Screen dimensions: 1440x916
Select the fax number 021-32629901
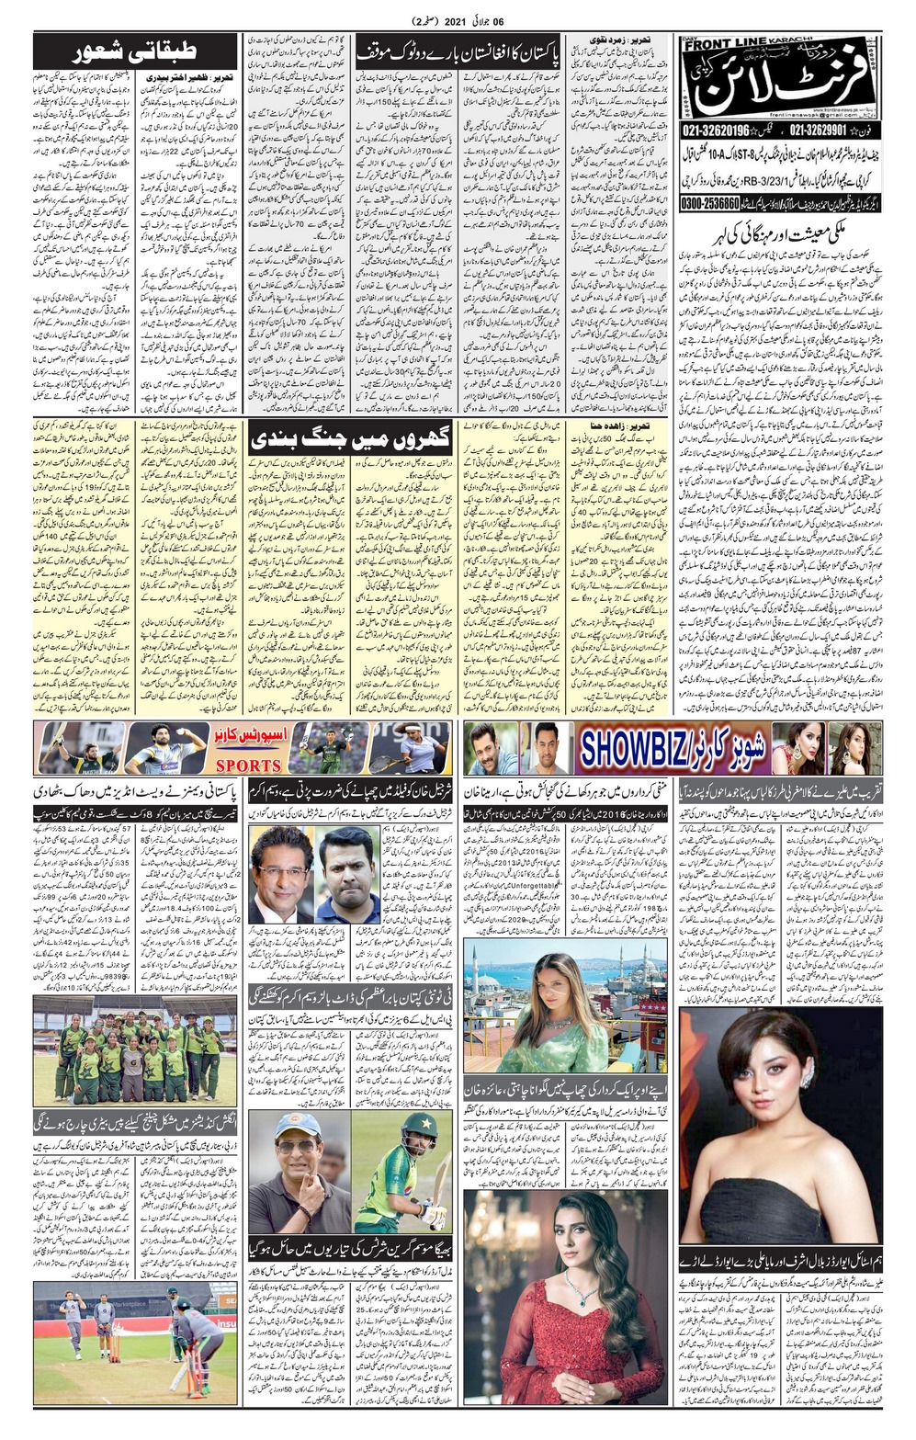point(822,131)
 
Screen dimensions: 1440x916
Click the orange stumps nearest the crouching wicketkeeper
point(200,1369)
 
